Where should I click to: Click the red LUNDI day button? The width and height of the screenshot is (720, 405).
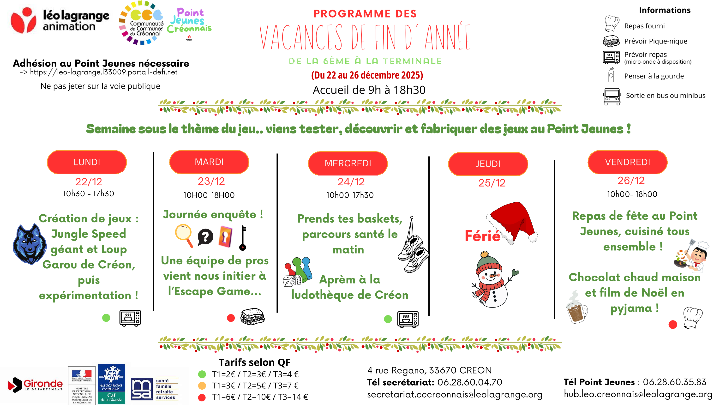coord(87,162)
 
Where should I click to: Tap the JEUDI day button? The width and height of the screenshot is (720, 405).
coord(488,164)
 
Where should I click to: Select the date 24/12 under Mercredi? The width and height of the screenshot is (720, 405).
coord(351,182)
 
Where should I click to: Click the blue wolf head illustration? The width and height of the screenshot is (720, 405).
coord(29,244)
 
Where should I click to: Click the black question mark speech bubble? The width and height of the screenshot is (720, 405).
coord(205,237)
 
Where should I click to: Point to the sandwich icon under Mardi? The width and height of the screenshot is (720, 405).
coord(252,316)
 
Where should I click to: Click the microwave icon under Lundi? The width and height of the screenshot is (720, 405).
coord(130,318)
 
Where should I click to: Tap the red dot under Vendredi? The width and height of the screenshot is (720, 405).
coord(672,325)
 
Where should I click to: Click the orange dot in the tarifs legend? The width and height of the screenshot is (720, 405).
coord(202,386)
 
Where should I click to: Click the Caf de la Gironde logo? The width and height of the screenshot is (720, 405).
coord(111,384)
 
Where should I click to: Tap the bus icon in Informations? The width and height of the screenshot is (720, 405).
coord(612,97)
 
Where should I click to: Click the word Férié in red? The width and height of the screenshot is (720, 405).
coord(482,236)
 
